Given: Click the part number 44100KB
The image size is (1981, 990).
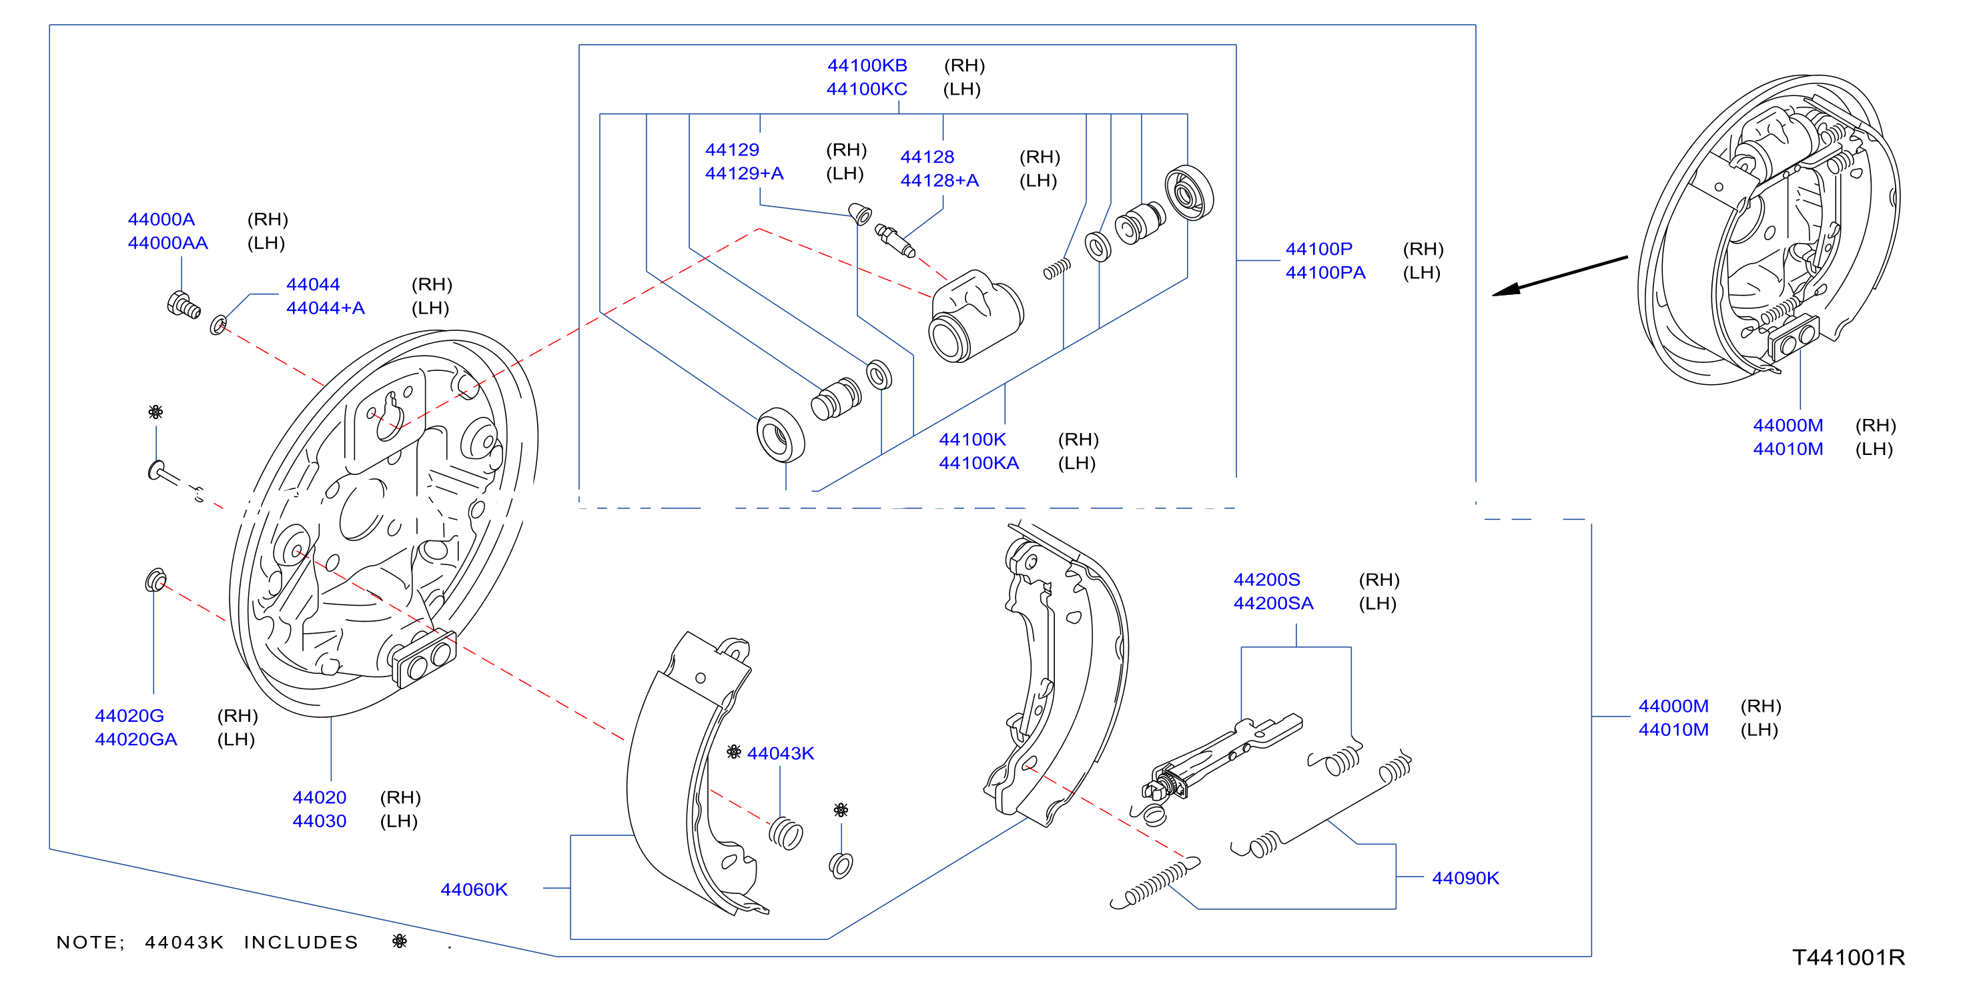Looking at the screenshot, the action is coord(867,65).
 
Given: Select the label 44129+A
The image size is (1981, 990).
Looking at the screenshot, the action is coord(744,173).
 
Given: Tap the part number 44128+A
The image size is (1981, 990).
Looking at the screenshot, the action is coord(939,180).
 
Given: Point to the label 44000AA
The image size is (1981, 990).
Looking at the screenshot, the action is coord(167,243).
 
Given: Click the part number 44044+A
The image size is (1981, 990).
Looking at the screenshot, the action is coord(326,308).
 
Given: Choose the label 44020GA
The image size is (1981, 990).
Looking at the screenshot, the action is coord(135,738).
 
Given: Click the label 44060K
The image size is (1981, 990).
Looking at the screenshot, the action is coord(474,889).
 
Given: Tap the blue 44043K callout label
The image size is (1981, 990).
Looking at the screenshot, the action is coord(780,753).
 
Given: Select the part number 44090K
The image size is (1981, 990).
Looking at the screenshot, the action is coord(1465,878).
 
